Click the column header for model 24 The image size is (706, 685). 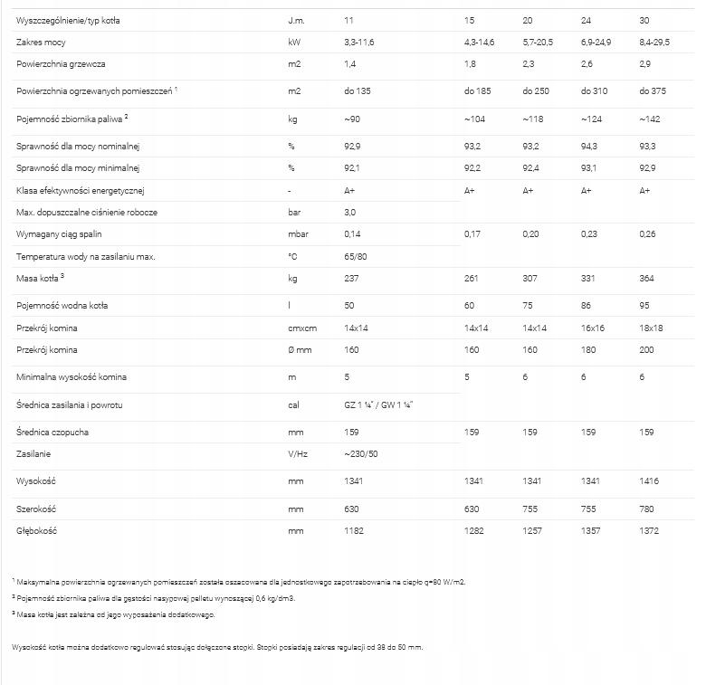pos(587,20)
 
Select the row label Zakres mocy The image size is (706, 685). pos(41,43)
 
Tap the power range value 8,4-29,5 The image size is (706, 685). pos(657,43)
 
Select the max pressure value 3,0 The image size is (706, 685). pos(350,212)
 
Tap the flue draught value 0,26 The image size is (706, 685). pos(648,234)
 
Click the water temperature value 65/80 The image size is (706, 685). pos(355,256)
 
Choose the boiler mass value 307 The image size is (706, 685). pos(531,279)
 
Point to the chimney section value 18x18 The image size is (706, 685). pos(652,328)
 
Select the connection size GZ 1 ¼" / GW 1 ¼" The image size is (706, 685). pos(378,404)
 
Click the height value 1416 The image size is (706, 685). pos(651,482)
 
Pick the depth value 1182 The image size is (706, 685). pos(354,531)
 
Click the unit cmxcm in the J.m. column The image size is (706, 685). pos(301,328)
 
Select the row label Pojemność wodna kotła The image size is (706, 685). pos(61,306)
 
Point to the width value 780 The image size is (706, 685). pos(648,509)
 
